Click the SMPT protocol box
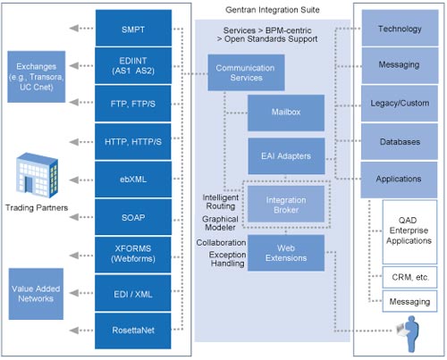coord(133,28)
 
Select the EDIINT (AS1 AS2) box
coord(133,65)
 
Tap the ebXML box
coord(133,180)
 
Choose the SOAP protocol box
coord(133,217)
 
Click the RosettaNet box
coord(133,331)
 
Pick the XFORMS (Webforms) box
coord(133,255)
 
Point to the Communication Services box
coord(246,72)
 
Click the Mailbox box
coord(286,113)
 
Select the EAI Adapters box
coord(286,156)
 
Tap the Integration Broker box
coord(286,204)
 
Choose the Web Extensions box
coord(286,253)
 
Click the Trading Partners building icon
coord(37,175)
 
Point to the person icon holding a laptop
coord(409,334)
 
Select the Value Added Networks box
coord(36,294)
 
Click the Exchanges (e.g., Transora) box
coord(37,77)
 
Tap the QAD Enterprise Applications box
coord(409,232)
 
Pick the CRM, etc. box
coord(409,277)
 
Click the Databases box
coord(400,141)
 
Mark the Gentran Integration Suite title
coord(273,10)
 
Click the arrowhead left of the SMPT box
coord(74,28)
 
